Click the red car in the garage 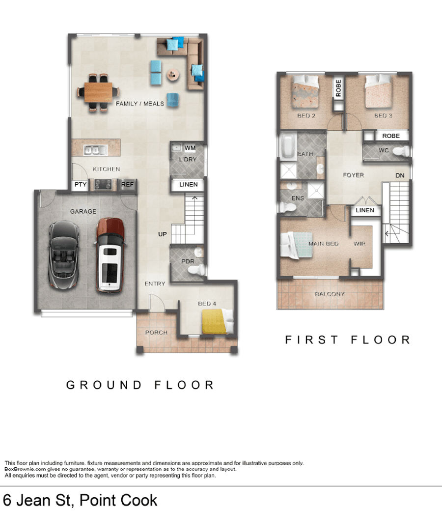point(110,255)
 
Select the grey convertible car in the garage point(63,255)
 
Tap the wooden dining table point(98,92)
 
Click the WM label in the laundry point(190,148)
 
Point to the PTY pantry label point(81,184)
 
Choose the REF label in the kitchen point(127,184)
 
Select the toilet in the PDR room point(196,270)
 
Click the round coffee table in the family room point(173,75)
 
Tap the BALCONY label point(330,294)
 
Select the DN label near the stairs point(400,175)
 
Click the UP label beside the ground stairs point(163,234)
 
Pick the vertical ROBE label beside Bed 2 point(338,88)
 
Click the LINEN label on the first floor point(365,210)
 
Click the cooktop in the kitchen point(103,185)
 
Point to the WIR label point(359,243)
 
